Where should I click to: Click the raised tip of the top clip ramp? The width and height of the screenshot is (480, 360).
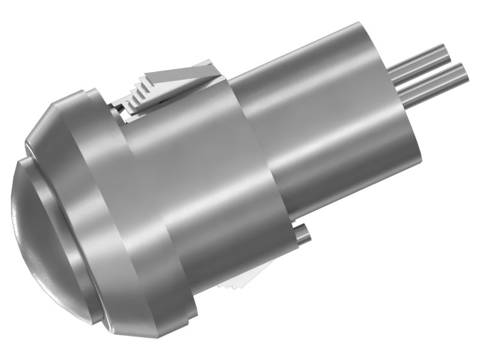tap(210, 62)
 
